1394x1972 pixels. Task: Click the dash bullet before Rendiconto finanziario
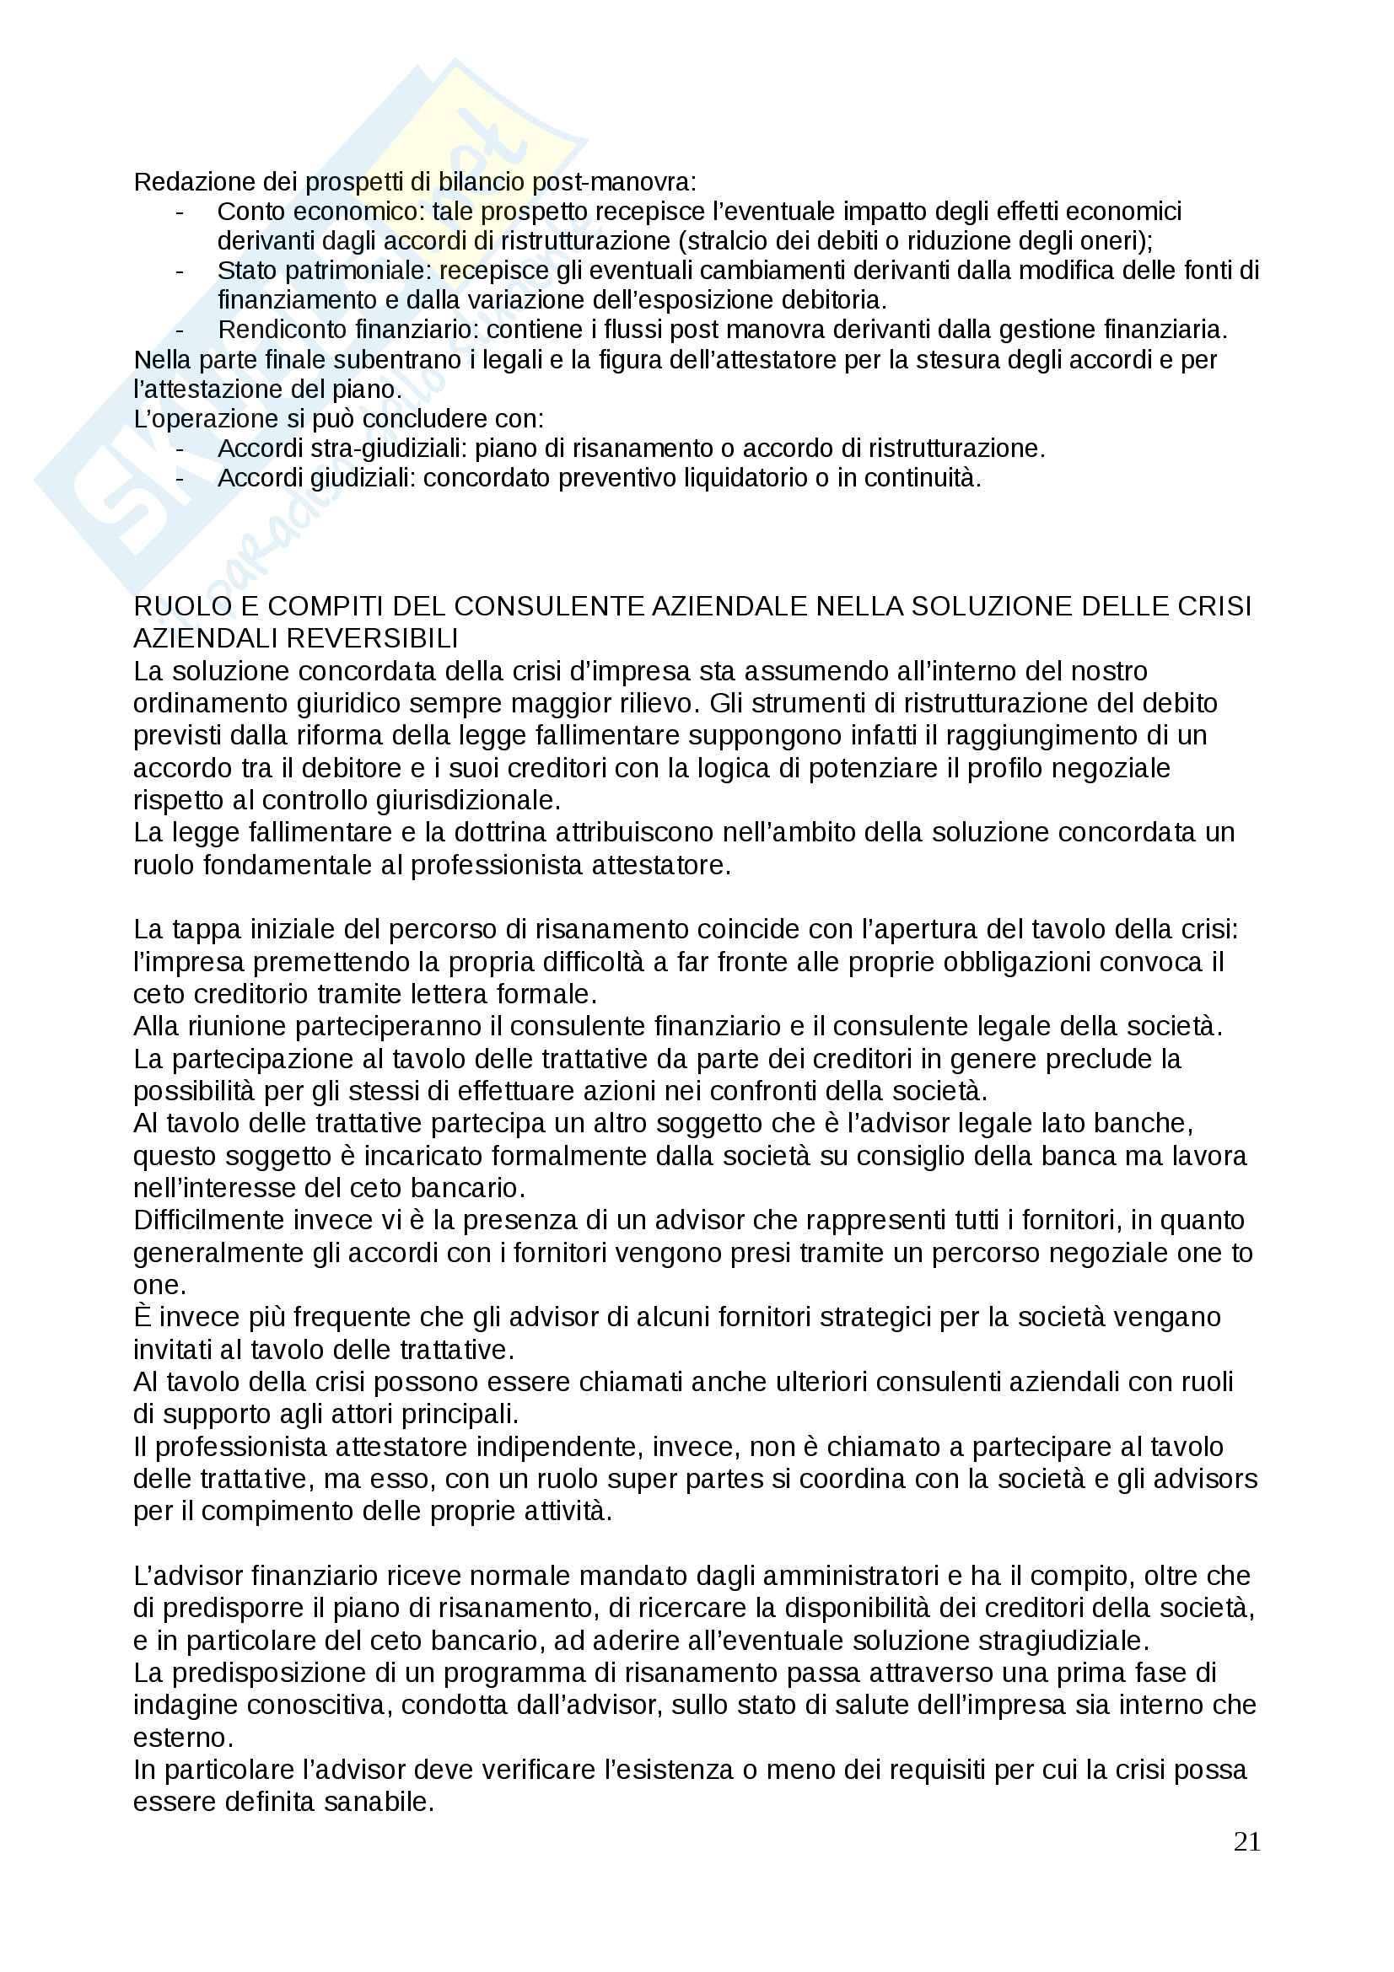tap(180, 330)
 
